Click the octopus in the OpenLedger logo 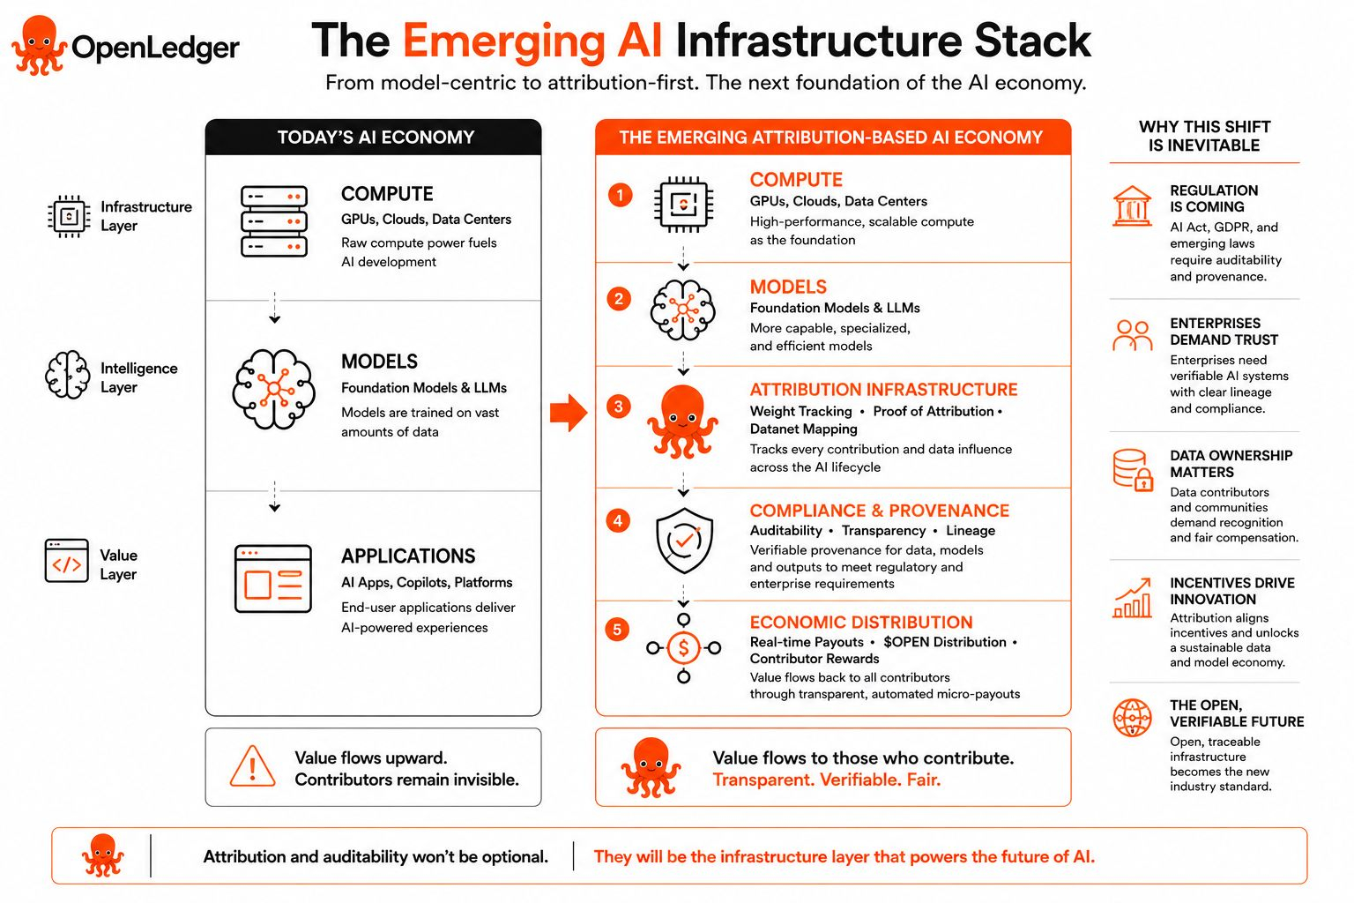39,46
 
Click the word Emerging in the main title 503,42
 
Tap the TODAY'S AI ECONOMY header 376,138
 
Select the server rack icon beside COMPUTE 274,221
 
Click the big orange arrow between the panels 569,413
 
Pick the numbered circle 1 620,195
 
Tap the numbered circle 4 618,521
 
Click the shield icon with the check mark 684,540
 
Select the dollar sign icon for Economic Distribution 683,648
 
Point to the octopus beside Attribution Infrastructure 682,422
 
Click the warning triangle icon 253,766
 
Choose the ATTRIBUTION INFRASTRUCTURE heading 884,390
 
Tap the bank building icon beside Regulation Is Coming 1132,205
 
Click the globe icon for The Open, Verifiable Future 1132,718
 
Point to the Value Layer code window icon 66,561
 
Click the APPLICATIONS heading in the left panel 408,556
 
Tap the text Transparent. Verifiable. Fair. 826,780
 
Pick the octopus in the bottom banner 103,855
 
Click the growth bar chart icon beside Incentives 1132,598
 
